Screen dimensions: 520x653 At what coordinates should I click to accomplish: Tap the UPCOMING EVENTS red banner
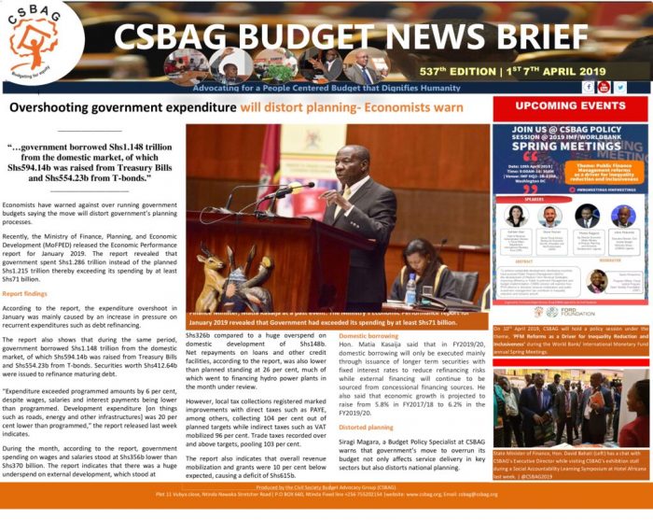pos(569,105)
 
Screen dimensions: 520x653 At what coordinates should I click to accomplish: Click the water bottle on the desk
pos(410,290)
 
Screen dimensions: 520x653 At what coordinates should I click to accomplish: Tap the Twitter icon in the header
pos(619,87)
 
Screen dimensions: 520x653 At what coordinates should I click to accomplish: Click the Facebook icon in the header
pos(589,87)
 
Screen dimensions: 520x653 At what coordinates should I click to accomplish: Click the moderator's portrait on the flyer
pos(597,279)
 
